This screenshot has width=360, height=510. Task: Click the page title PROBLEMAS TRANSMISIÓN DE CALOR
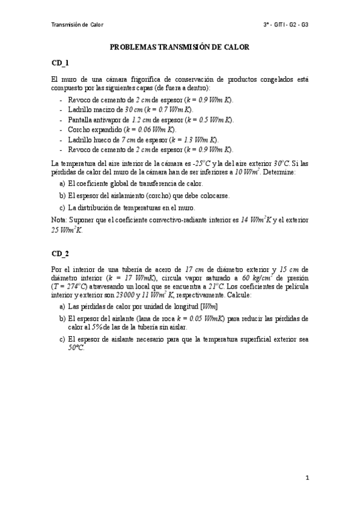pyautogui.click(x=180, y=46)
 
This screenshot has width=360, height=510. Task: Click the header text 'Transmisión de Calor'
pyautogui.click(x=78, y=25)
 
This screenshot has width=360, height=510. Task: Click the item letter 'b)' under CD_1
pyautogui.click(x=63, y=195)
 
